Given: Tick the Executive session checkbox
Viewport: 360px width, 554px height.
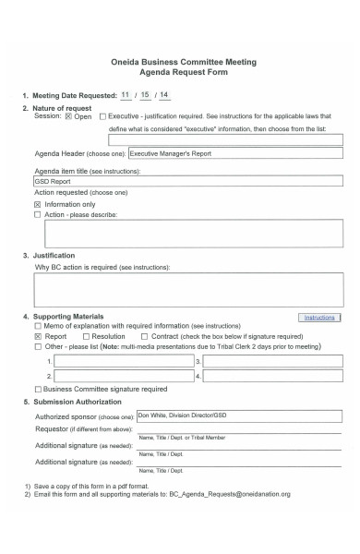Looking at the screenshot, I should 102,117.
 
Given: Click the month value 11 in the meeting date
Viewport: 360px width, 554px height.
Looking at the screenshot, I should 126,95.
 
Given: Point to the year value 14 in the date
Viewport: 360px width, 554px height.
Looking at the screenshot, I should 162,95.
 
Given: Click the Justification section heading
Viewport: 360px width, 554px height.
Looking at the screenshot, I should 54,255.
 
